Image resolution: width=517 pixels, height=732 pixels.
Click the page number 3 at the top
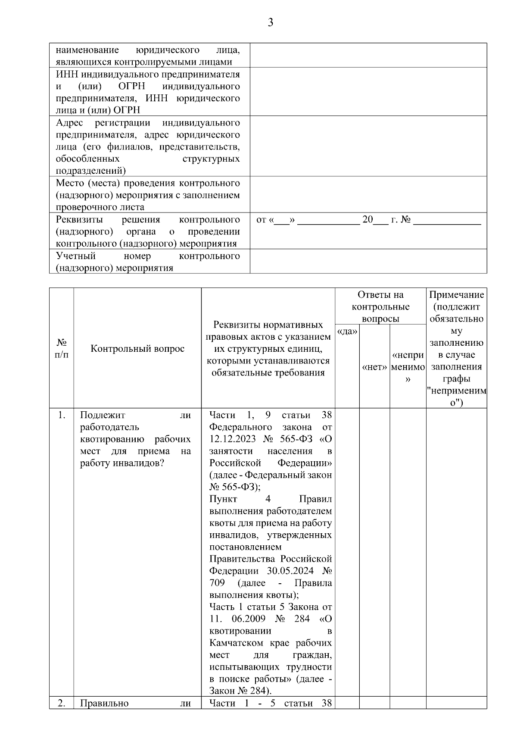click(x=270, y=23)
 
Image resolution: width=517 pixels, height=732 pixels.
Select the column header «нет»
click(x=374, y=367)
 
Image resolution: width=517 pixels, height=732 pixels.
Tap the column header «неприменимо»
click(x=408, y=367)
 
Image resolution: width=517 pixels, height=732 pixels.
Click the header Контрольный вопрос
click(x=137, y=348)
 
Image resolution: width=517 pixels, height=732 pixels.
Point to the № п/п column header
click(x=62, y=348)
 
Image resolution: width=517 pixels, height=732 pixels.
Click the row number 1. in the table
click(x=62, y=415)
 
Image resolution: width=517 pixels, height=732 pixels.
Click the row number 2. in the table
click(x=62, y=703)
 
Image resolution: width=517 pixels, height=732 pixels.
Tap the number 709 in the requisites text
click(x=217, y=583)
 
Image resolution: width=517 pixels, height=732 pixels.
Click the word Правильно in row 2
click(x=104, y=703)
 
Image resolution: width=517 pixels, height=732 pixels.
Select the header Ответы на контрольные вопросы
click(x=380, y=307)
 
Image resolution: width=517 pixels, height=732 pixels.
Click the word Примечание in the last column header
click(x=456, y=295)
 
